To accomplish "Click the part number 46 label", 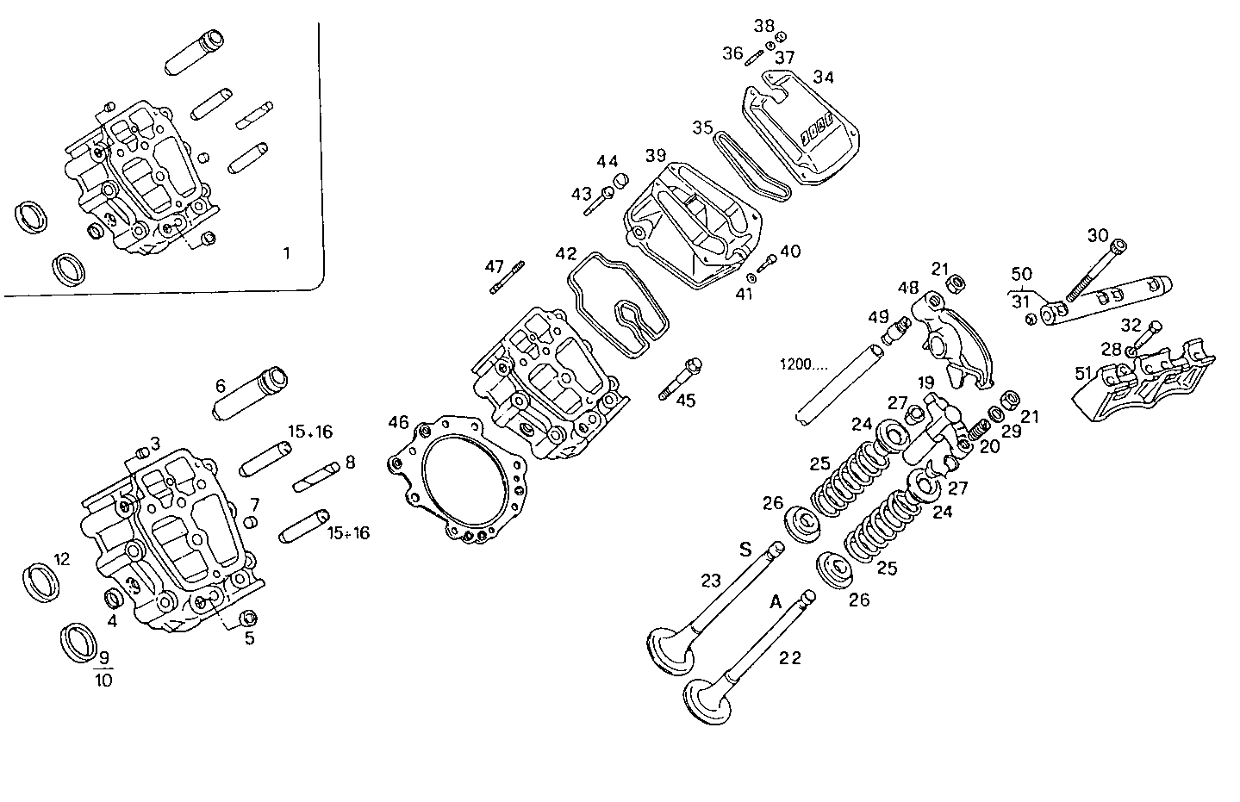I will point(397,422).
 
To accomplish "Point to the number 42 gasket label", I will point(565,254).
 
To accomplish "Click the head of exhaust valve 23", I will point(670,650).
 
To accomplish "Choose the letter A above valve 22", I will point(775,603).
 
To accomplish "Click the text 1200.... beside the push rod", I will point(803,364).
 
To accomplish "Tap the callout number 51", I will point(1083,373).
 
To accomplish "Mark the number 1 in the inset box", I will point(287,253).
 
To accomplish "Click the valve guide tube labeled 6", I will point(250,394).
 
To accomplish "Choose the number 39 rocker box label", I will point(656,155).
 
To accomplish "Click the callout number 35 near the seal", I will point(702,127).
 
